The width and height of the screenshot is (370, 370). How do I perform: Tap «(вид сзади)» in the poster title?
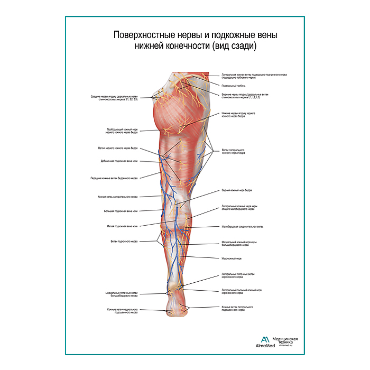(234, 46)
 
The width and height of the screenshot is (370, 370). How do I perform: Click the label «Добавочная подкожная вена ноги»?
(119, 161)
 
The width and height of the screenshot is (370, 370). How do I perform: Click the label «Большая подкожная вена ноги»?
(121, 211)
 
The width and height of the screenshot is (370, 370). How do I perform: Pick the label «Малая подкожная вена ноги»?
(122, 226)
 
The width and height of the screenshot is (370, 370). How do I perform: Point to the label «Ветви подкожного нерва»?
(124, 242)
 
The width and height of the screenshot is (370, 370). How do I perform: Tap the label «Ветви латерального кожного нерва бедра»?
(234, 151)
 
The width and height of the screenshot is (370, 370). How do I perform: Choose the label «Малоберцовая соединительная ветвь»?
(242, 227)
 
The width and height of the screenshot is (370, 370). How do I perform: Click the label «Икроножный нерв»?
(232, 258)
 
